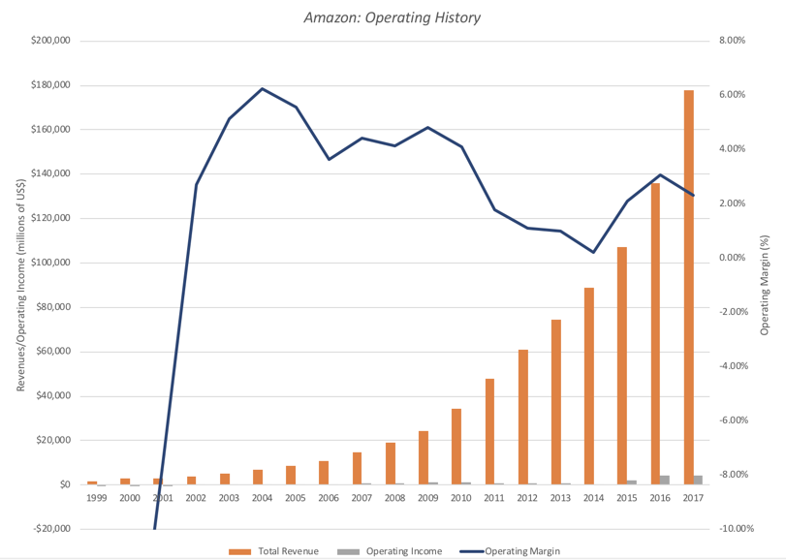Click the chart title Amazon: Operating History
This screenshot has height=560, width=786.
coord(392,17)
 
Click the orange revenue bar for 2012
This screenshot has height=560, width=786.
coord(522,417)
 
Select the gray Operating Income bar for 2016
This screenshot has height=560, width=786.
coord(665,480)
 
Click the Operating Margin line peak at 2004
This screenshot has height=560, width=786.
coord(263,89)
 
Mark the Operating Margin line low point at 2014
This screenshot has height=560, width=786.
coord(593,252)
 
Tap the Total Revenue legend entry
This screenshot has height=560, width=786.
coord(273,551)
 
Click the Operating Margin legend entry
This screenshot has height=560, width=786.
coord(513,551)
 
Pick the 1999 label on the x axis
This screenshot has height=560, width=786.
coord(96,498)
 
